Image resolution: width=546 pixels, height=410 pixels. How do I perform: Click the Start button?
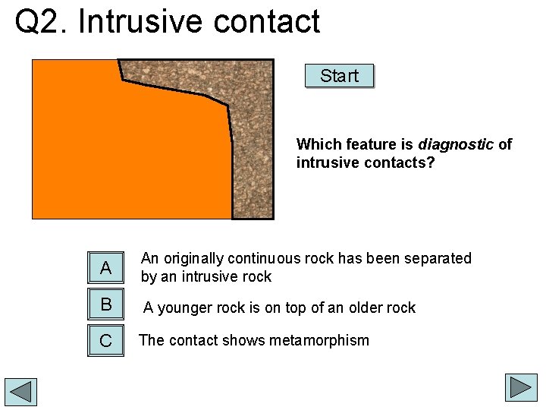pyautogui.click(x=339, y=76)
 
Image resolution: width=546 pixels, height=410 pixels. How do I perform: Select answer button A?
pyautogui.click(x=105, y=267)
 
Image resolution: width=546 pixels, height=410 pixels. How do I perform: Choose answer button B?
pyautogui.click(x=105, y=304)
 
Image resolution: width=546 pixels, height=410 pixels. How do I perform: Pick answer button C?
pyautogui.click(x=105, y=341)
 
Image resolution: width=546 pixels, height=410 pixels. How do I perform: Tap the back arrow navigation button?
pyautogui.click(x=20, y=391)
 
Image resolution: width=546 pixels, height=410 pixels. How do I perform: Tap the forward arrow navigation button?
pyautogui.click(x=521, y=387)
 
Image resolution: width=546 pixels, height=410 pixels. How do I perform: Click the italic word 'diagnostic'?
pyautogui.click(x=456, y=144)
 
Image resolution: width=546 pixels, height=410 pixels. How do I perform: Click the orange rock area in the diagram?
pyautogui.click(x=129, y=152)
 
